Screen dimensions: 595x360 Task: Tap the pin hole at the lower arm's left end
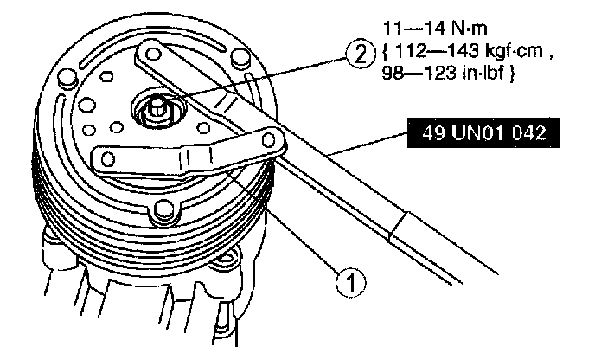coord(106,157)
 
